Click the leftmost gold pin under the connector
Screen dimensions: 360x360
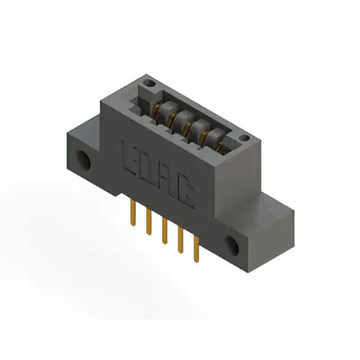tap(133, 213)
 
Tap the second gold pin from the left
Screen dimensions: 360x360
tap(148, 222)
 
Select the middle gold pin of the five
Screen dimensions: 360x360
tap(164, 231)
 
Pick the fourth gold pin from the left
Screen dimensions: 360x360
tap(181, 240)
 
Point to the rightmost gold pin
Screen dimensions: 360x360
tap(196, 249)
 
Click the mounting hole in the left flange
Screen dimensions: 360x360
tap(83, 160)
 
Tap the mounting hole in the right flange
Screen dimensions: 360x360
tap(232, 246)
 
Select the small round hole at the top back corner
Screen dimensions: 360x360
tap(150, 83)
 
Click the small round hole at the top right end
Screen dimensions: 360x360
tap(244, 138)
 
